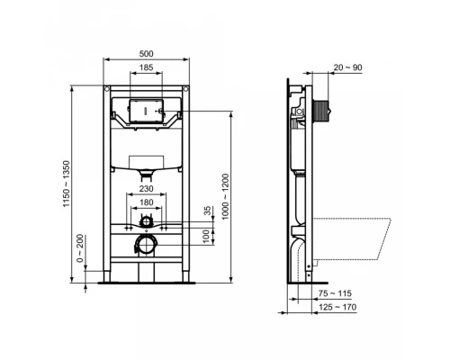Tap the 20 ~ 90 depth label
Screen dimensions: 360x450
coord(346,66)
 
